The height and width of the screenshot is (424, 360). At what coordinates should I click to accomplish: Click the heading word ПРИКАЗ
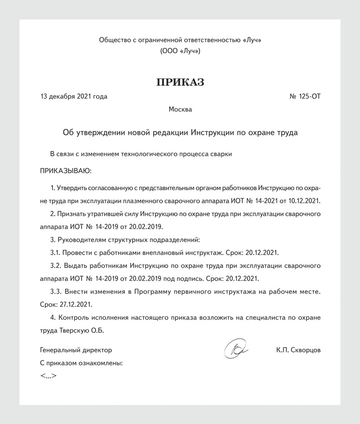coord(180,82)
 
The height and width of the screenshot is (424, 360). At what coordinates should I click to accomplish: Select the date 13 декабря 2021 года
coord(74,96)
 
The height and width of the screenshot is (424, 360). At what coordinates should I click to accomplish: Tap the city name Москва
coord(180,109)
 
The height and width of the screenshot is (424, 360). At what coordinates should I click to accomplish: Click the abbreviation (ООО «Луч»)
coord(180,51)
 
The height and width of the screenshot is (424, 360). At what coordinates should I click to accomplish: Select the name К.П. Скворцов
coord(298,350)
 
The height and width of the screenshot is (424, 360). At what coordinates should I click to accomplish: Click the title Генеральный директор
coord(76,350)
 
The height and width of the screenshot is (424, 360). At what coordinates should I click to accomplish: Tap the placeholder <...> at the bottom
coord(48,376)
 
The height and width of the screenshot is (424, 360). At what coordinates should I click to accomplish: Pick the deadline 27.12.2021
coord(75,304)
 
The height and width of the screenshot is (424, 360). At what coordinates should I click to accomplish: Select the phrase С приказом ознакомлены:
coord(81,363)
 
